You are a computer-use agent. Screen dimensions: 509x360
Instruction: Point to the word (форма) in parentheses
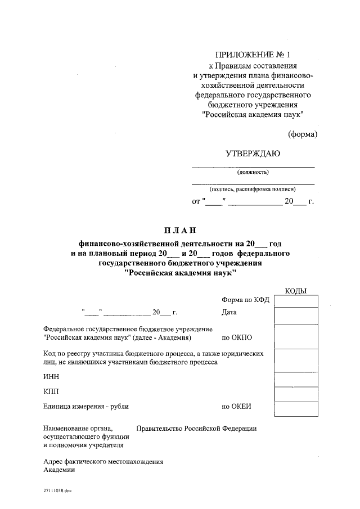click(x=303, y=134)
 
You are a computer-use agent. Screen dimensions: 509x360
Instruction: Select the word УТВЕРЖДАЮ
click(x=253, y=154)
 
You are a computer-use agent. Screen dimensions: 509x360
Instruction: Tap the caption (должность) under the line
click(x=253, y=172)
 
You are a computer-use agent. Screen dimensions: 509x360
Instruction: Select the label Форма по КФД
click(x=245, y=300)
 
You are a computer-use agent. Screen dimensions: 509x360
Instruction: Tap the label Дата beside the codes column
click(x=229, y=312)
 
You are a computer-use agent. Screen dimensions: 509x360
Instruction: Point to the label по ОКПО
click(x=237, y=338)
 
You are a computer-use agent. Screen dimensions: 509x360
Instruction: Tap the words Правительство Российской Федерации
click(x=196, y=428)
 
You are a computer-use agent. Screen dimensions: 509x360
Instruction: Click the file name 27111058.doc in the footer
click(x=57, y=490)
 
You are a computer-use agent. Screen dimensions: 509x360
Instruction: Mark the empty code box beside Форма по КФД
click(x=296, y=301)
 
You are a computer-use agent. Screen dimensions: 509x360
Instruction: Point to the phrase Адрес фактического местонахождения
click(x=103, y=462)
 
